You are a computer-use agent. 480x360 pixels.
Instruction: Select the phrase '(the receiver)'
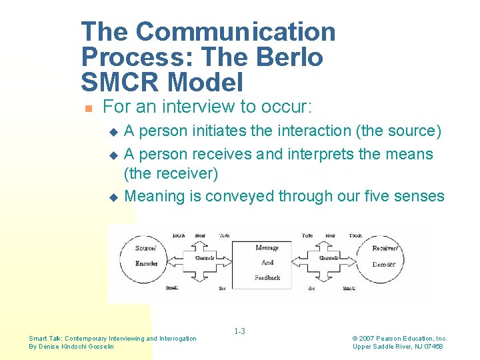(171, 174)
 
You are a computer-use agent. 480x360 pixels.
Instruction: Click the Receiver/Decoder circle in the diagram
(383, 256)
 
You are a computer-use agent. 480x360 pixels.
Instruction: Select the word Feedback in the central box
(267, 277)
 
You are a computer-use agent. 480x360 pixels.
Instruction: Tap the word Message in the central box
(267, 248)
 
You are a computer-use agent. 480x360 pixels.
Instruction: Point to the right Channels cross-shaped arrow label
(329, 257)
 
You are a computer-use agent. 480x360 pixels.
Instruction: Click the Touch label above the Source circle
(179, 236)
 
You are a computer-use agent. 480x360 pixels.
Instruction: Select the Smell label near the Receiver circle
(349, 288)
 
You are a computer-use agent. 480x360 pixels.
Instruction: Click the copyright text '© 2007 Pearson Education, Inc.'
(399, 339)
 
